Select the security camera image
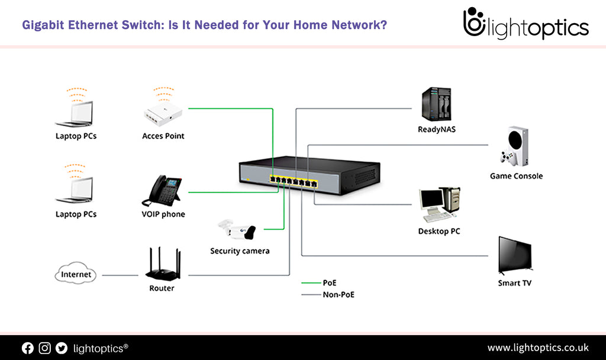[237, 229]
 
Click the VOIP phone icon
[161, 190]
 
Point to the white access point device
[161, 112]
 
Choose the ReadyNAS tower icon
[437, 105]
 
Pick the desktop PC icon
[439, 205]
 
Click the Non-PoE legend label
[339, 294]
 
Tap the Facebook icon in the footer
[28, 348]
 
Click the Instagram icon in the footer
[44, 348]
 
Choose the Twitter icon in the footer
[61, 348]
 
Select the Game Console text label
[516, 176]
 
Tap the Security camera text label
[240, 251]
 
